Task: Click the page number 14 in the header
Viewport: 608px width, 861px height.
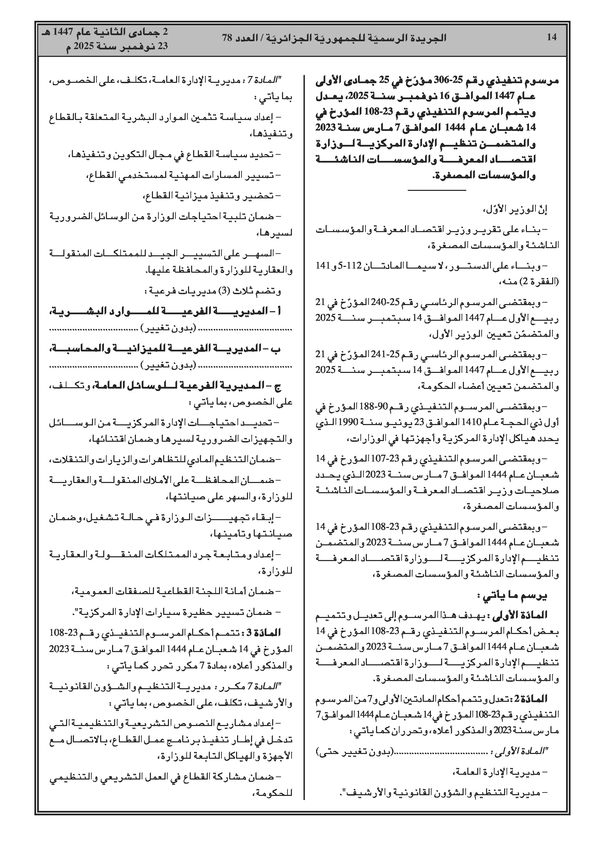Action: tap(551, 37)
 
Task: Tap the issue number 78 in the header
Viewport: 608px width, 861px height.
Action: tap(228, 37)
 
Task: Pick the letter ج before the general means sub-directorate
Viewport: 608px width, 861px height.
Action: tap(278, 386)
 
